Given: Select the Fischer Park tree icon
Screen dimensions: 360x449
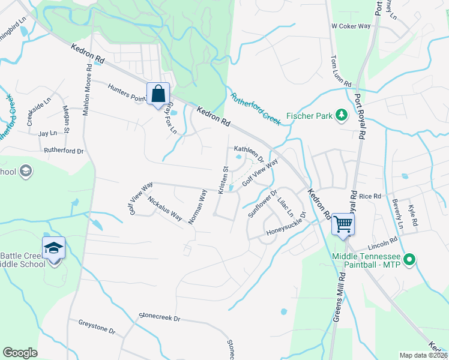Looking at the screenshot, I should tap(342, 114).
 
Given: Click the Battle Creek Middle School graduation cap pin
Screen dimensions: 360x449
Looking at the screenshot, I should tap(53, 248).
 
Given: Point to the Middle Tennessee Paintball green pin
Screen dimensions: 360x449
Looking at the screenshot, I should tap(409, 260).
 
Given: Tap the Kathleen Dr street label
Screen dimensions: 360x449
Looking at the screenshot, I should tap(248, 152).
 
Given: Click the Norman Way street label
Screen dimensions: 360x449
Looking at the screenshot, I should tap(197, 206).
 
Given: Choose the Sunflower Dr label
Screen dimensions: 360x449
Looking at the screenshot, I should tap(262, 204).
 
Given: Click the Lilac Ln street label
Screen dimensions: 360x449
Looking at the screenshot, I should tap(285, 205).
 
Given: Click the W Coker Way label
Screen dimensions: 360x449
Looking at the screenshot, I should tap(351, 26).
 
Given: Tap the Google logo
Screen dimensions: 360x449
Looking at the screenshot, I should tap(20, 353).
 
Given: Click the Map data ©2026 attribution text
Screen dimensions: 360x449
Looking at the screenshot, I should tap(423, 355).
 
